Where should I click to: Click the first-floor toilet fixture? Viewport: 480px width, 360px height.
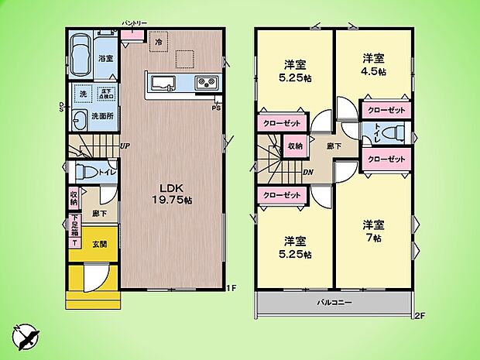[x=82, y=171]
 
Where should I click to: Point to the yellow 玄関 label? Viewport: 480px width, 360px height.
[x=101, y=245]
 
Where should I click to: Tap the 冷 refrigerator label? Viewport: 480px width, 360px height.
[x=159, y=41]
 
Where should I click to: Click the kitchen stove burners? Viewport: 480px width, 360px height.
[x=206, y=82]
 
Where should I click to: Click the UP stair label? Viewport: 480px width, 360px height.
[x=124, y=145]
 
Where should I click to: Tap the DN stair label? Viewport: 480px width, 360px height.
[x=307, y=173]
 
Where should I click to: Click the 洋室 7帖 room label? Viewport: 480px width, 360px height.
[x=374, y=231]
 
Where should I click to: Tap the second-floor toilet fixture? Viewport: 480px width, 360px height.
[x=391, y=133]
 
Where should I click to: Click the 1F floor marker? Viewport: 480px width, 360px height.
[x=230, y=290]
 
